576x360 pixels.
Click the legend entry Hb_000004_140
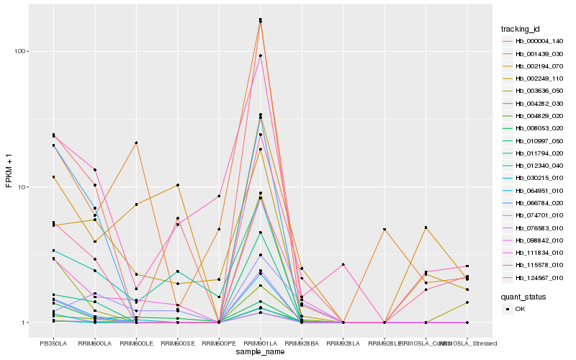[534, 41]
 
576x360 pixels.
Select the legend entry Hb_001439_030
[534, 54]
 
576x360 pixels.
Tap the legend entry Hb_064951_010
[534, 191]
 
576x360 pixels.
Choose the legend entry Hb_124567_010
[534, 278]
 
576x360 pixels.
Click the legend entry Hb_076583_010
[534, 228]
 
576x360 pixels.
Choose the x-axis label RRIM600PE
[219, 343]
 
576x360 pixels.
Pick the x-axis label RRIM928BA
[302, 343]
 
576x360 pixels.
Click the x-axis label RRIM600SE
[177, 343]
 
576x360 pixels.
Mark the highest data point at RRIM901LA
[260, 19]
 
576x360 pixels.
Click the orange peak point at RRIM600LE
[136, 143]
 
